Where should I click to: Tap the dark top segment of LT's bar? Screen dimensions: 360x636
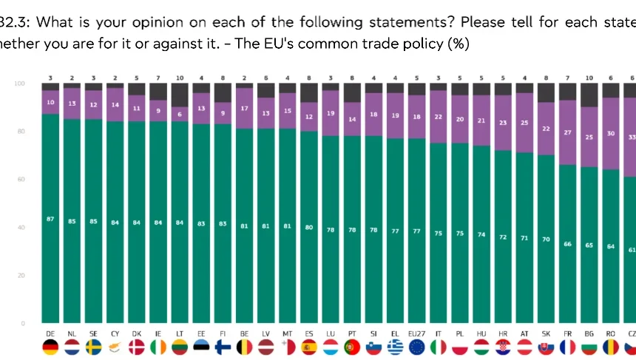(180, 95)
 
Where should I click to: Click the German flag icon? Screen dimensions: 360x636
(50, 347)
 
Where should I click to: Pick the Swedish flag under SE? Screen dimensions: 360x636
(94, 347)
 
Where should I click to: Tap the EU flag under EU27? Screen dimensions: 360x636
(416, 347)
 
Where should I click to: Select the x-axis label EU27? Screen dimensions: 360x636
(416, 333)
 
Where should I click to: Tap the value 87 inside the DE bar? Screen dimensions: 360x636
(50, 220)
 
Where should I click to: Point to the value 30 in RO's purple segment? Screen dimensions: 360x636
(610, 134)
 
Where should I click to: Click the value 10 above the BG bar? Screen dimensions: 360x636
(589, 77)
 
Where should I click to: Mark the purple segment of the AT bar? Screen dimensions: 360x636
(524, 123)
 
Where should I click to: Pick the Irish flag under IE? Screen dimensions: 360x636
(158, 347)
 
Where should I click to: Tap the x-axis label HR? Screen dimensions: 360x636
(503, 333)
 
